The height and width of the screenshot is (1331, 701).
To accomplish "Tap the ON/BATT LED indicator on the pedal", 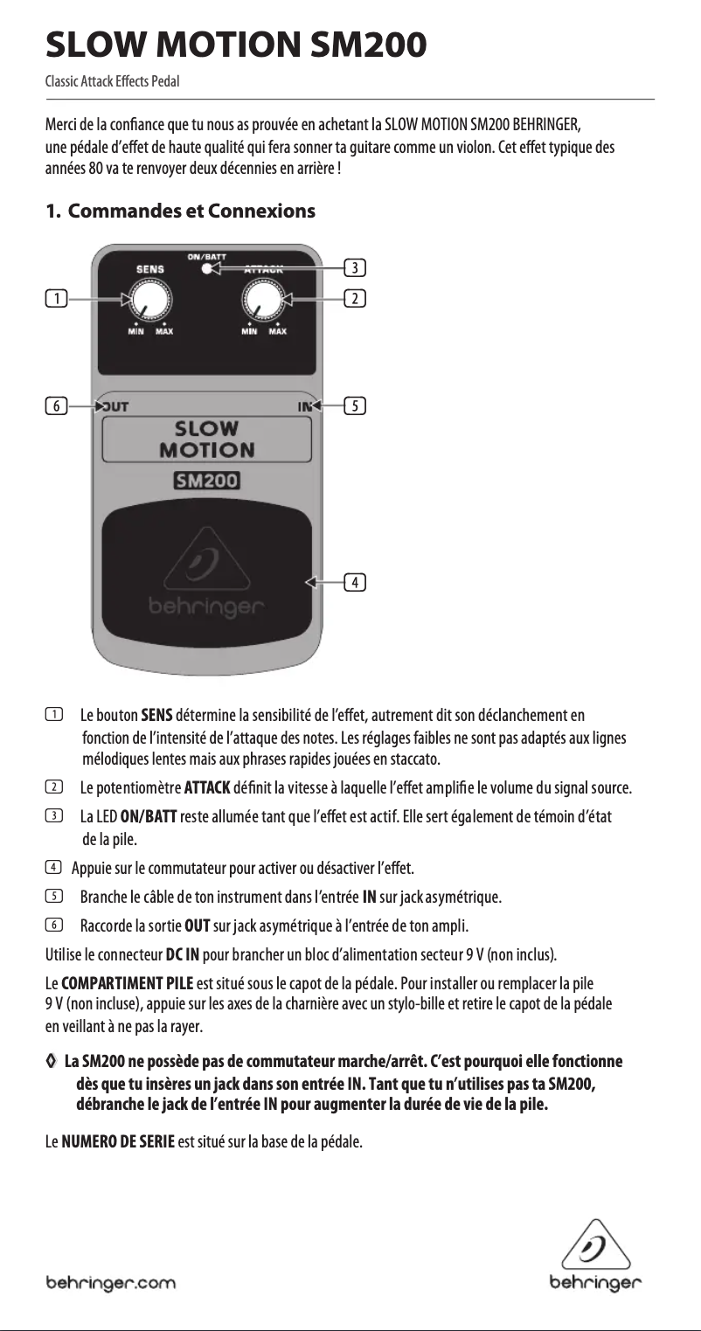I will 206,268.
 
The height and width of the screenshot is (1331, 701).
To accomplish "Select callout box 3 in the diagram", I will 355,266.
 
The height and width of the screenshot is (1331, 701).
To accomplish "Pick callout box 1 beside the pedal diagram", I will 56,299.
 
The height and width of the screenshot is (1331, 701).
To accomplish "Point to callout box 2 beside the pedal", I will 355,299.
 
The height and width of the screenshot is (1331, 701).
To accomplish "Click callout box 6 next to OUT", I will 56,406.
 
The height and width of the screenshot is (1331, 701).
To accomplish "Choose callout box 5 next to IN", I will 355,406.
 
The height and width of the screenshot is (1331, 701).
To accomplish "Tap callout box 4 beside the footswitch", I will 355,581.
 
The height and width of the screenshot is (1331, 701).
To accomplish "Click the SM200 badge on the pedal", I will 206,481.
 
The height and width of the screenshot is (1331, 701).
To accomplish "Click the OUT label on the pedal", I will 116,406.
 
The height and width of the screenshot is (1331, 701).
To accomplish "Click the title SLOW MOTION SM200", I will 236,42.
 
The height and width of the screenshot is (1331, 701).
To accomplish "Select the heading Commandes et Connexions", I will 180,211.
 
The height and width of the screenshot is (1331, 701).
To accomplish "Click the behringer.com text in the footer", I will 111,1284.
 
